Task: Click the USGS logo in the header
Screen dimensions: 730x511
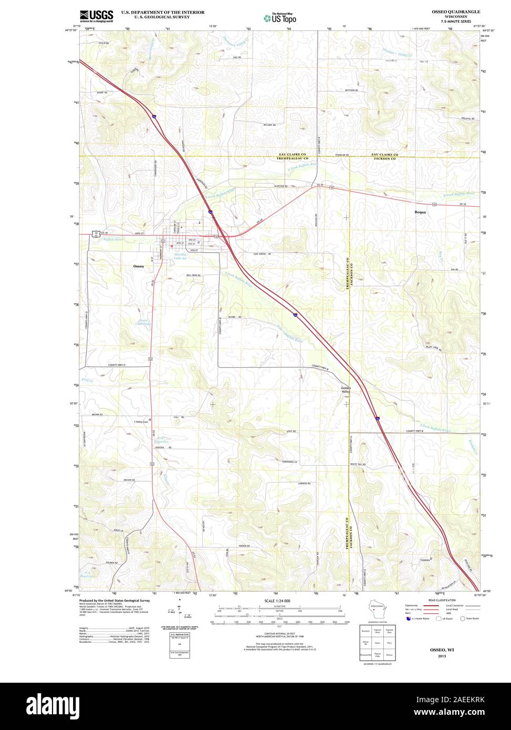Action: point(96,15)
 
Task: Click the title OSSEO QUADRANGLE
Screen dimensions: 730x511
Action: point(455,11)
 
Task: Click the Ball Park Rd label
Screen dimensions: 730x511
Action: point(193,275)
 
